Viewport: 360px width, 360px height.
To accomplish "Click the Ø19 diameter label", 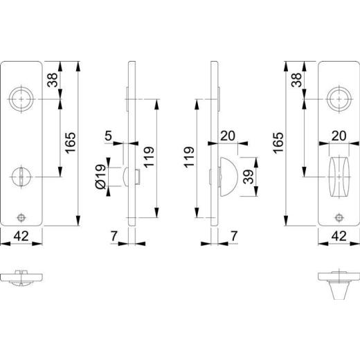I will coord(100,177).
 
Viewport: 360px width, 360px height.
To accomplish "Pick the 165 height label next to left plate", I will coord(69,144).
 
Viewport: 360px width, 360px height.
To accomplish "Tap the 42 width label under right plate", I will coord(339,235).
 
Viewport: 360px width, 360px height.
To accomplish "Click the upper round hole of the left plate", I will coord(21,100).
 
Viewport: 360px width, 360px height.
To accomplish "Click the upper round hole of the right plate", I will coord(339,100).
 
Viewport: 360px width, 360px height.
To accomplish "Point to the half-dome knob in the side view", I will coord(226,175).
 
